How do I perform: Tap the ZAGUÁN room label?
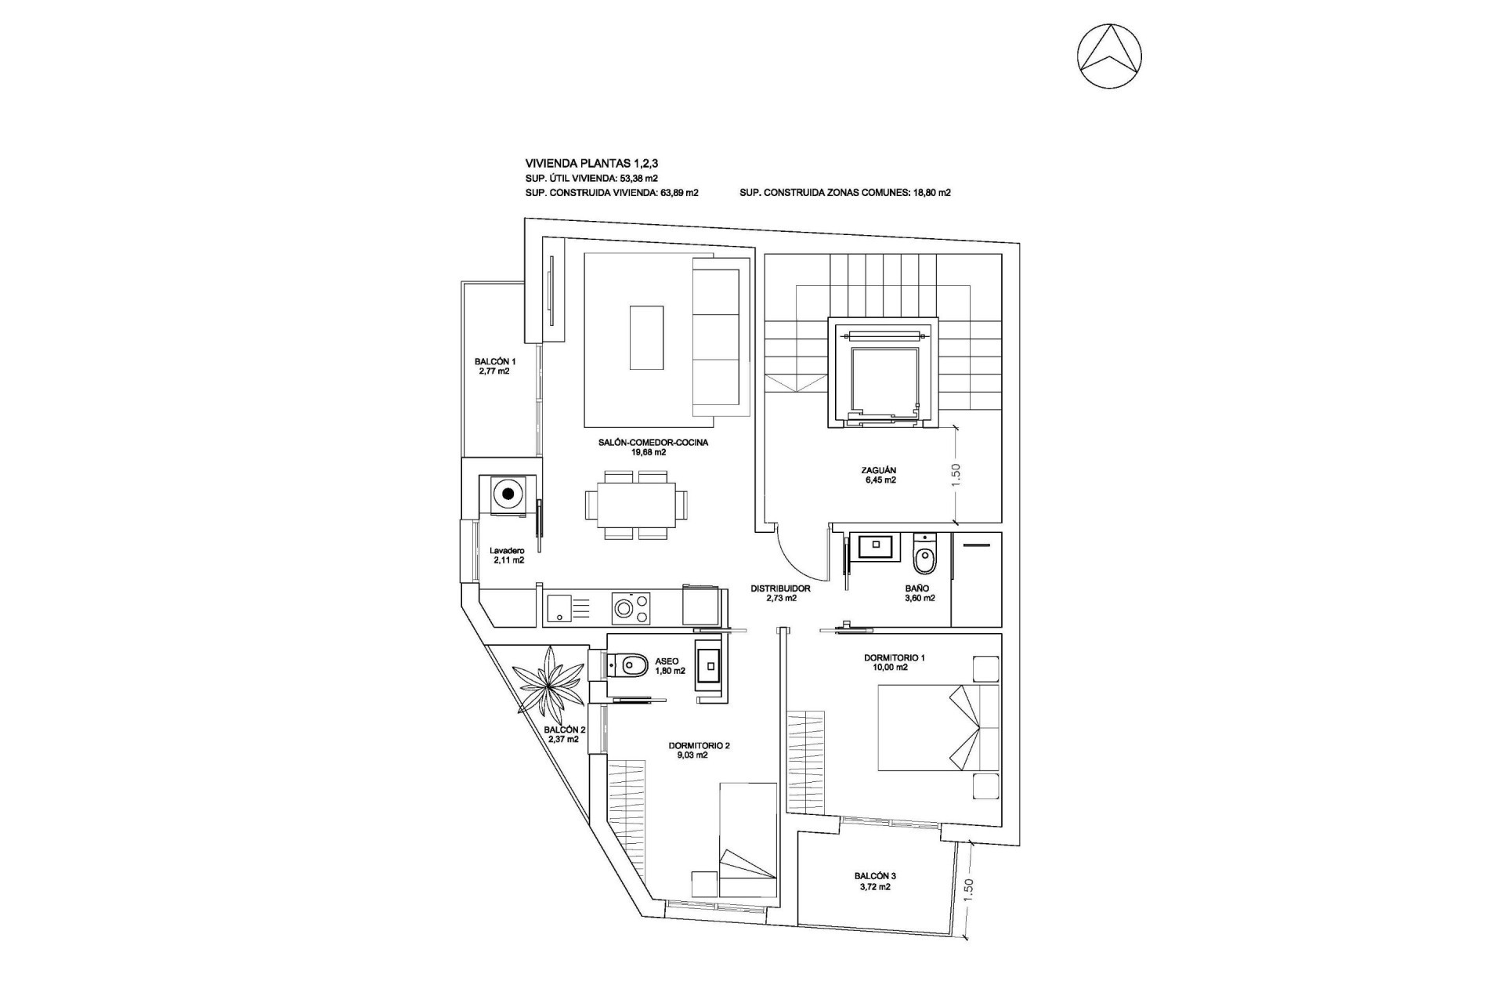[x=877, y=471]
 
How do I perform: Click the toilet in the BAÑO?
[x=925, y=557]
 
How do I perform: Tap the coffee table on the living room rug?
[x=647, y=337]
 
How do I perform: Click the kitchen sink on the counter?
[x=559, y=608]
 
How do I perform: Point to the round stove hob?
[x=625, y=608]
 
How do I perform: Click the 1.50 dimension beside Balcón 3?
[x=968, y=889]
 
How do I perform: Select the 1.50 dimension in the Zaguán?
[x=955, y=474]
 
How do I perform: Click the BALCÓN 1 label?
[x=494, y=361]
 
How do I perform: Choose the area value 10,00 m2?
[x=891, y=668]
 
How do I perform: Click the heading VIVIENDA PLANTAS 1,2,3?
[x=591, y=164]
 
